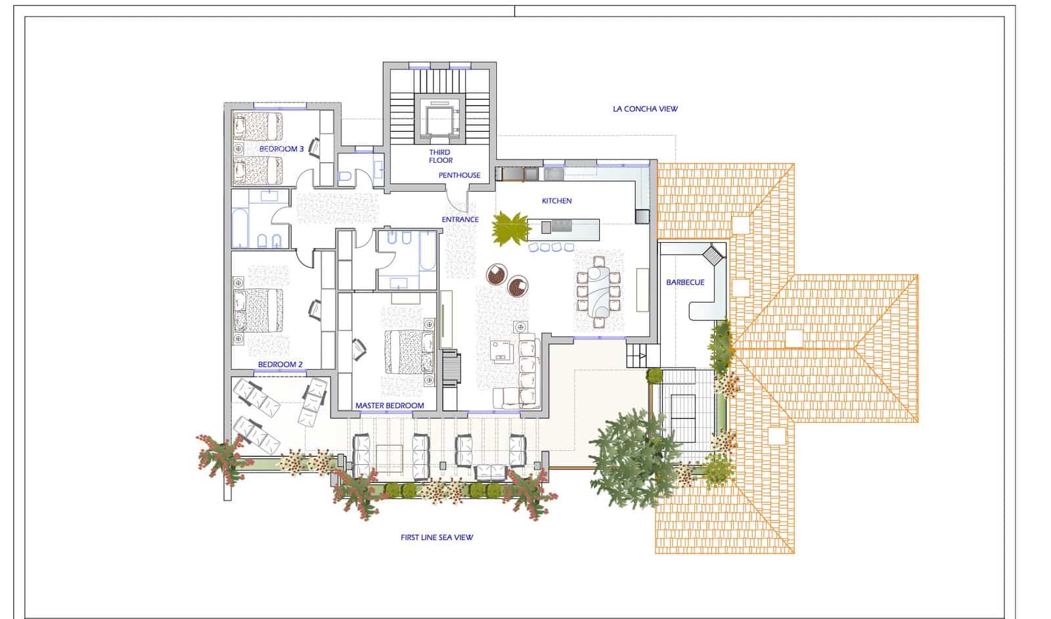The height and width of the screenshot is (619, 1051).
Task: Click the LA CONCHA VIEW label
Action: click(x=644, y=109)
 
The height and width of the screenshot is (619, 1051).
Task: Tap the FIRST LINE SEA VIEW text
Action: click(x=437, y=538)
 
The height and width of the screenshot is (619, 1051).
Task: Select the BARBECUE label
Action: click(x=685, y=282)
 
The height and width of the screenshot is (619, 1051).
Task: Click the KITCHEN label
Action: click(x=556, y=201)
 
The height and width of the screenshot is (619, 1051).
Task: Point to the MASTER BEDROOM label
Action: click(x=390, y=406)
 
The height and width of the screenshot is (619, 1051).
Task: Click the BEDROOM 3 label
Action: click(x=281, y=149)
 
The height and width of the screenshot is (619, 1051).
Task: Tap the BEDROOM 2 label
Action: click(x=280, y=364)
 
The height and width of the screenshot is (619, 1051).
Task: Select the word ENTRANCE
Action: click(x=460, y=219)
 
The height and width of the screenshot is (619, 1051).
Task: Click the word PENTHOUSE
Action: click(x=459, y=175)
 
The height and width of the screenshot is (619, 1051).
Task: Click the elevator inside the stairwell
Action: click(x=439, y=119)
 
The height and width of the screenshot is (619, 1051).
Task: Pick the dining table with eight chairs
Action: click(x=597, y=291)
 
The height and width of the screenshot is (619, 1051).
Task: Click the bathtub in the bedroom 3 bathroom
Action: click(x=241, y=227)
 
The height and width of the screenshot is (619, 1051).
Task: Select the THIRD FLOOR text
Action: click(x=440, y=156)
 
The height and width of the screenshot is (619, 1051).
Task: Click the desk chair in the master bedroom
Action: click(x=359, y=349)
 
